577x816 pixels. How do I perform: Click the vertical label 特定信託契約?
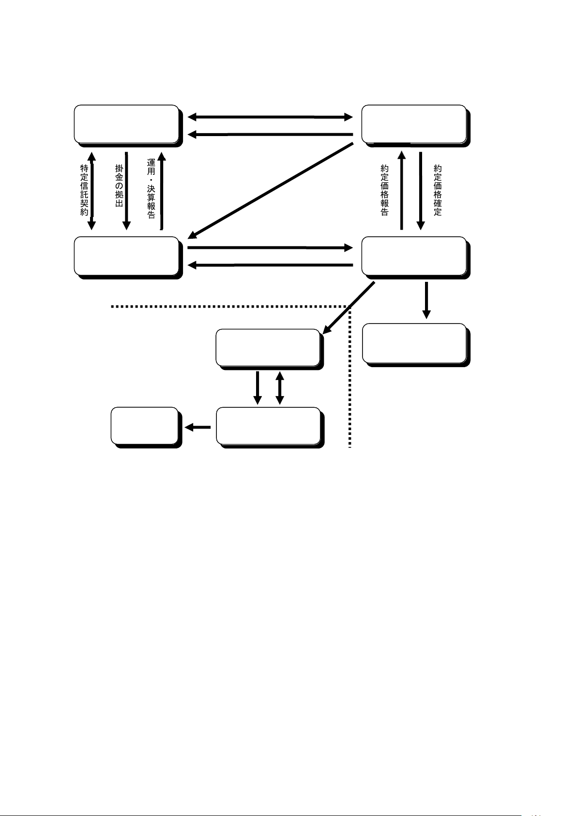coord(84,190)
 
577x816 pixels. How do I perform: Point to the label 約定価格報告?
coord(385,190)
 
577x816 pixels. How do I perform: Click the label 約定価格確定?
coord(438,190)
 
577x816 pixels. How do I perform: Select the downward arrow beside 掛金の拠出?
coord(126,191)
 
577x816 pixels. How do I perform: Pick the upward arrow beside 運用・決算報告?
coord(162,191)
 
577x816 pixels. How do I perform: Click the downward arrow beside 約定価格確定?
coord(421,191)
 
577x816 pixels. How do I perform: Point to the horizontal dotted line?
coord(228,307)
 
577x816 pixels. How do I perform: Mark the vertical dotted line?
coord(349,378)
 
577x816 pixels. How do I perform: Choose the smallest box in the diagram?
coord(144,426)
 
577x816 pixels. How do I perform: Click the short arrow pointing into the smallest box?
coord(198,427)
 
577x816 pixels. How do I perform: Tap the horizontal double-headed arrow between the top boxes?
coord(270,117)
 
